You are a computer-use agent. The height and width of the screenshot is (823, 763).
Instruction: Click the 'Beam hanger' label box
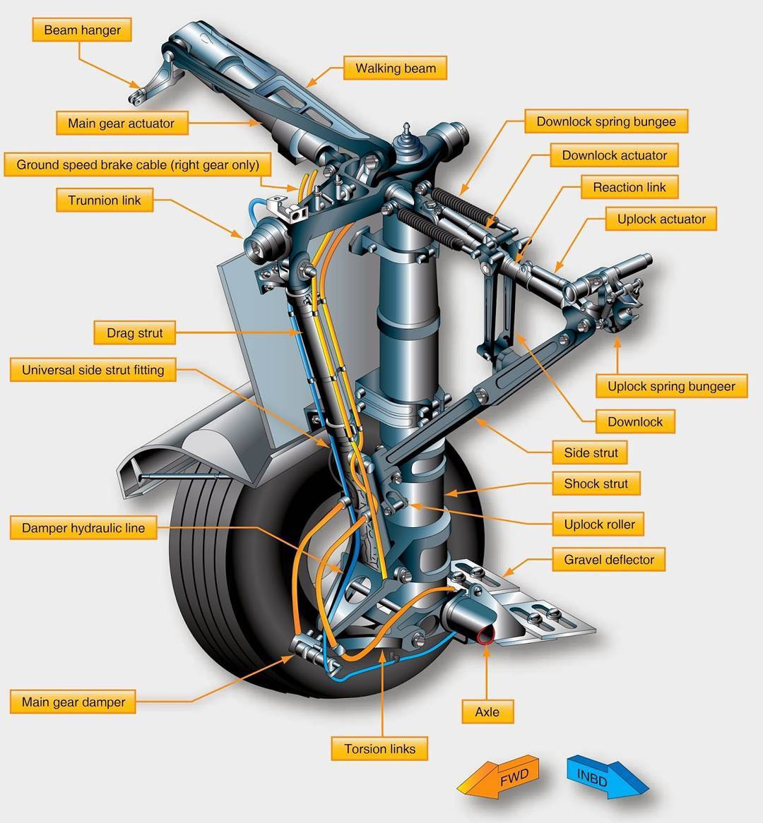(82, 30)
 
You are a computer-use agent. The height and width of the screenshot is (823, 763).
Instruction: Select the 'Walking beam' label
(395, 68)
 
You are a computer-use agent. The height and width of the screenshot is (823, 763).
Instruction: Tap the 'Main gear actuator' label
(121, 124)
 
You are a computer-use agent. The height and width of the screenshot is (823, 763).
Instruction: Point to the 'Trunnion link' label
(105, 200)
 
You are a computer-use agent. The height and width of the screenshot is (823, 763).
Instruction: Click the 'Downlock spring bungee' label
(605, 121)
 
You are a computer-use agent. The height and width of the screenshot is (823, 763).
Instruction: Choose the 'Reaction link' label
(629, 187)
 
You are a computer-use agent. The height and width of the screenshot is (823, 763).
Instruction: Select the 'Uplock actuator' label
(661, 219)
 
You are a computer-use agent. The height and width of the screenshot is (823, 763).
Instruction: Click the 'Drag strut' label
(134, 333)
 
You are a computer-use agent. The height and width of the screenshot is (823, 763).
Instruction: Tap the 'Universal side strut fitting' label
(93, 370)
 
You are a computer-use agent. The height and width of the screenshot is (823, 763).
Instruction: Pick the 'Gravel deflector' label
(608, 560)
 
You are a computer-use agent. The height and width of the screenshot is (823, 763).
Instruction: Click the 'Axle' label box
(487, 712)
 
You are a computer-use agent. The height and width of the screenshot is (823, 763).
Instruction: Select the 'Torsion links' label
(379, 749)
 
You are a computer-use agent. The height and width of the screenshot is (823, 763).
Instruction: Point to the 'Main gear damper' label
(73, 702)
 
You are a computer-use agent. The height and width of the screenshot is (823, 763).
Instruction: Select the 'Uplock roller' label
(598, 524)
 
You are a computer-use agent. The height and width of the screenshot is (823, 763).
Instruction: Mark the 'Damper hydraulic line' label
(83, 528)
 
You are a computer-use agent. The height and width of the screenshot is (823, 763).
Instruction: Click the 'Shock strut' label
(596, 483)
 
